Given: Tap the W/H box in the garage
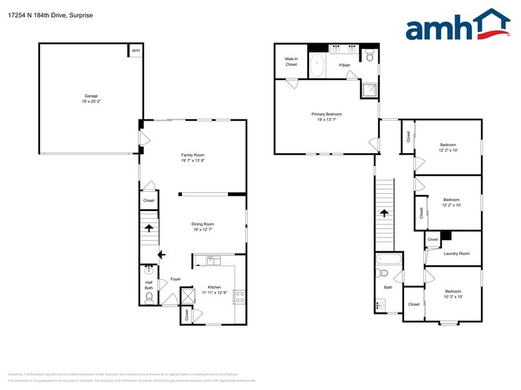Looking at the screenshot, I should point(135,50).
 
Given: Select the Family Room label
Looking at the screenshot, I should point(192,158).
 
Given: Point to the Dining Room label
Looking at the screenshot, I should point(203,226).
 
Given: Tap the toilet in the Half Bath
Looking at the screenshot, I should point(148,298).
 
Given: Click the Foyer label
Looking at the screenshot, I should point(175,279).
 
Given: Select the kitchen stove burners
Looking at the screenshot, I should point(240,296).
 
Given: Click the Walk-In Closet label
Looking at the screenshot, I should point(291,62).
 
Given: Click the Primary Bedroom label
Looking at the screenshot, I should point(326,117).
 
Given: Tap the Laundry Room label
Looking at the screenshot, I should point(456,253).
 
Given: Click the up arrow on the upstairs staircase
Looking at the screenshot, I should point(384,214).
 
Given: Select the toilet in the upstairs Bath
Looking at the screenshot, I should point(382,273).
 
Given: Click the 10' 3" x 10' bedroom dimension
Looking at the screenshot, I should point(453,296).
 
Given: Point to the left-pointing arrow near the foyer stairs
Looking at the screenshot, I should point(161,254).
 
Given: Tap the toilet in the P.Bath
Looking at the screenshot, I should point(369,58).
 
